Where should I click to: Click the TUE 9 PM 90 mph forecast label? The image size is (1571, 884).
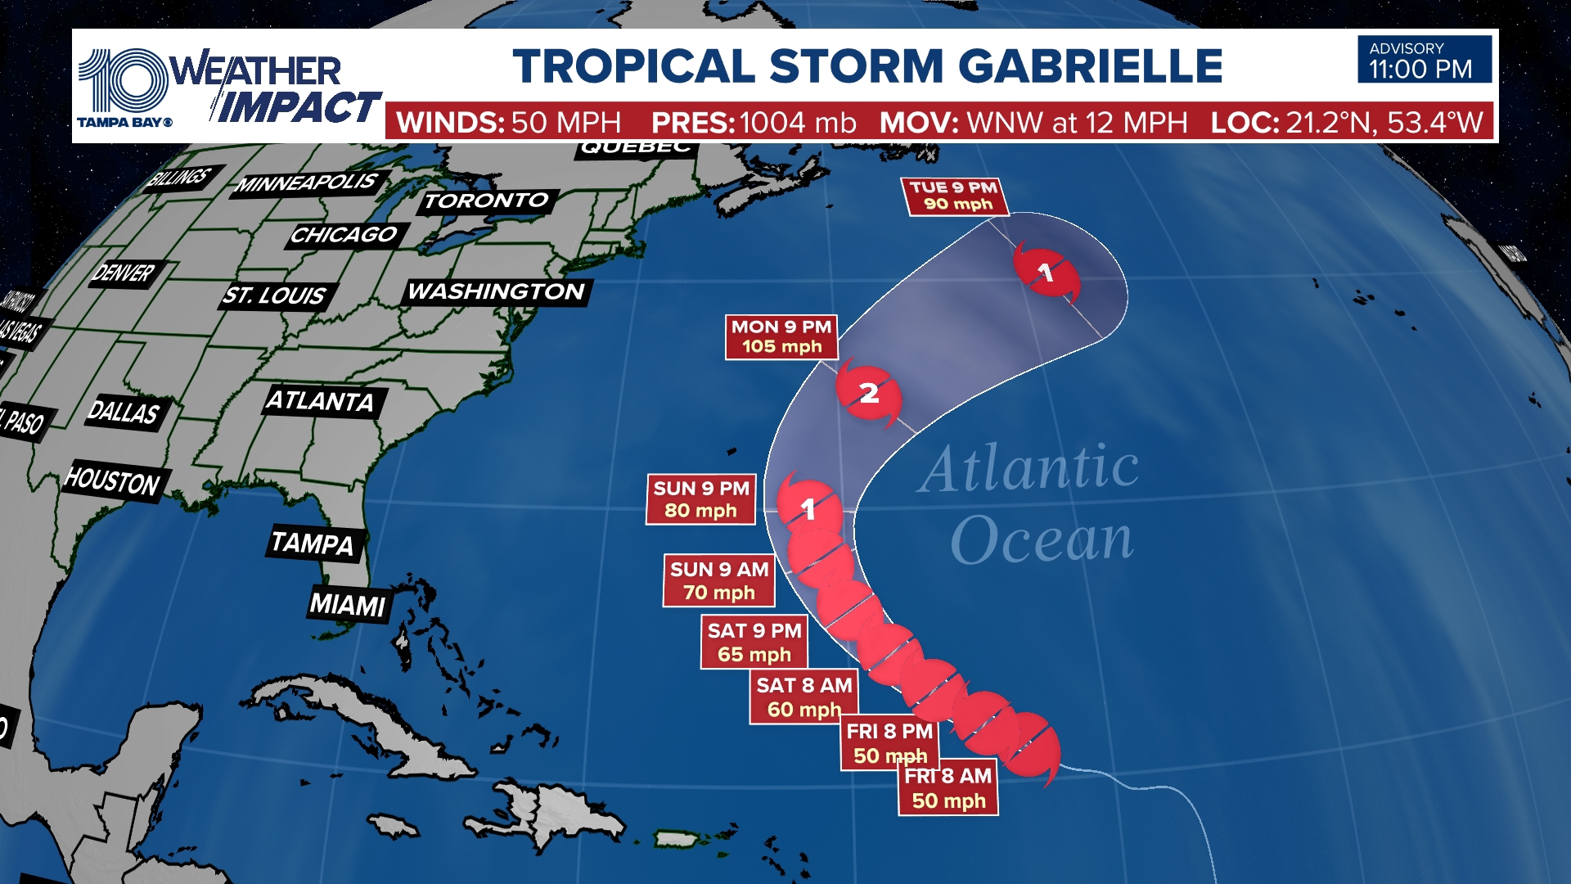[x=954, y=196]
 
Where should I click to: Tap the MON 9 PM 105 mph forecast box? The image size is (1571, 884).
[x=781, y=337]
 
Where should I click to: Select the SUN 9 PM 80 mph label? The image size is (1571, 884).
[x=701, y=499]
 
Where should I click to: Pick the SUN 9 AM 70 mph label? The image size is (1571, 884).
[x=719, y=580]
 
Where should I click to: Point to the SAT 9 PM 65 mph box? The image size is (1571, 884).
[x=754, y=643]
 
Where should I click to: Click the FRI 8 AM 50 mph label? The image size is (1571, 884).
[x=948, y=788]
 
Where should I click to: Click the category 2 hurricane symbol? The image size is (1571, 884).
[x=869, y=394]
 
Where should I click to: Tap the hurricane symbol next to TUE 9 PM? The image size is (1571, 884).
[x=1046, y=272]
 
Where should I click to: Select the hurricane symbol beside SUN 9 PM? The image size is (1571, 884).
[x=808, y=508]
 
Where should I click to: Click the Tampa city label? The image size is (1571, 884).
[x=313, y=543]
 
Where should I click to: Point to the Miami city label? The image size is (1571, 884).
[x=348, y=605]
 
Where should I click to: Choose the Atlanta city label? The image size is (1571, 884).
[x=321, y=401]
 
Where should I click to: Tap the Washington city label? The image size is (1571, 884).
[x=497, y=292]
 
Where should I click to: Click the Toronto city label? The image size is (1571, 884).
[x=487, y=201]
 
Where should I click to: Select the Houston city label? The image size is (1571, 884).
[x=113, y=481]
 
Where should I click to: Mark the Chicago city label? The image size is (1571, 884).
[x=344, y=236]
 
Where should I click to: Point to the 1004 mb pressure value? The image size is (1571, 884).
[x=798, y=124]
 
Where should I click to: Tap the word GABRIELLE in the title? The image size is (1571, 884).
[x=1090, y=66]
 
